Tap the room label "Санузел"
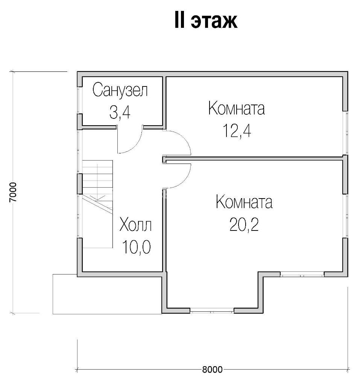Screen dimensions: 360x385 (120, 90)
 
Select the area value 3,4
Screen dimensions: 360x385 (120, 113)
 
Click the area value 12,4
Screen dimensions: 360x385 (237, 130)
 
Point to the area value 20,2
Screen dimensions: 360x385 (244, 225)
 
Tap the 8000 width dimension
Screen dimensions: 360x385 (212, 369)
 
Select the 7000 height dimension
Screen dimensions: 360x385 (13, 192)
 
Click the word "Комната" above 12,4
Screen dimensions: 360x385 (236, 108)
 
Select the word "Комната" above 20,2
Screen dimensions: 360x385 (244, 202)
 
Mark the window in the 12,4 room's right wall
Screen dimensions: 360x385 (345, 133)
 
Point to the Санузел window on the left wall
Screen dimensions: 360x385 (80, 100)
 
